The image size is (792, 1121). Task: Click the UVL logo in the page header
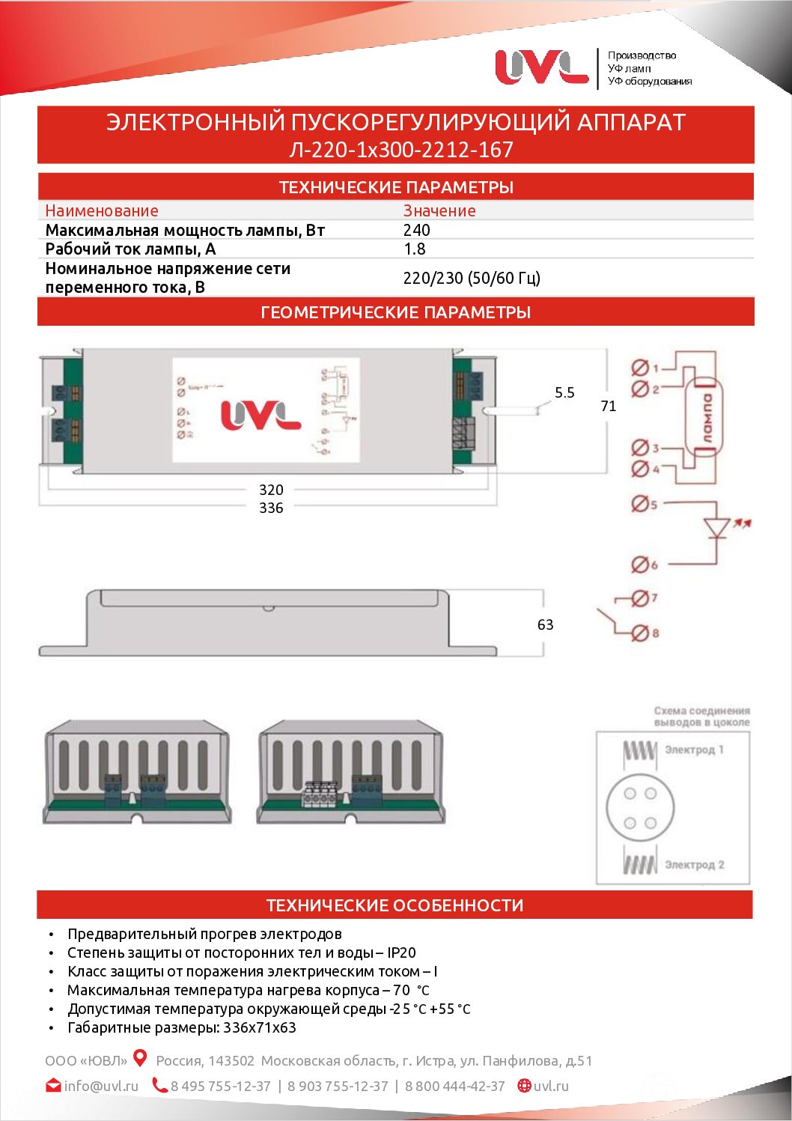pyautogui.click(x=541, y=67)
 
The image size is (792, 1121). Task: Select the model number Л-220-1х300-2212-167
pyautogui.click(x=401, y=150)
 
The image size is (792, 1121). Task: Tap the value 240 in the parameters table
pyautogui.click(x=417, y=231)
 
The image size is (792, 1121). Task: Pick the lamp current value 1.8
pyautogui.click(x=415, y=249)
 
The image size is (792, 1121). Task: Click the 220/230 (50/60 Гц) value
pyautogui.click(x=472, y=279)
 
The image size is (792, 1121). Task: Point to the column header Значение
pyautogui.click(x=439, y=211)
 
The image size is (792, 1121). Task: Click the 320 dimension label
pyautogui.click(x=271, y=490)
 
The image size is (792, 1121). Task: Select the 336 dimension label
pyautogui.click(x=271, y=508)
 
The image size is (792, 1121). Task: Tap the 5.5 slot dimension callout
pyautogui.click(x=564, y=392)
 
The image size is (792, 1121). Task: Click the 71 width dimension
pyautogui.click(x=609, y=406)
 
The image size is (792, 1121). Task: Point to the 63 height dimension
pyautogui.click(x=545, y=625)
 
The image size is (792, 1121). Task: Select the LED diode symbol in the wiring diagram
pyautogui.click(x=717, y=528)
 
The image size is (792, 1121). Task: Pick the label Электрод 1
pyautogui.click(x=694, y=750)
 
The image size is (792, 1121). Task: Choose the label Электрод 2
pyautogui.click(x=694, y=865)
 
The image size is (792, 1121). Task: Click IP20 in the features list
pyautogui.click(x=401, y=953)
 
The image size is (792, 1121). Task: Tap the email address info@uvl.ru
pyautogui.click(x=101, y=1086)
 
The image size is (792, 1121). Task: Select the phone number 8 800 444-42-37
pyautogui.click(x=455, y=1086)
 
